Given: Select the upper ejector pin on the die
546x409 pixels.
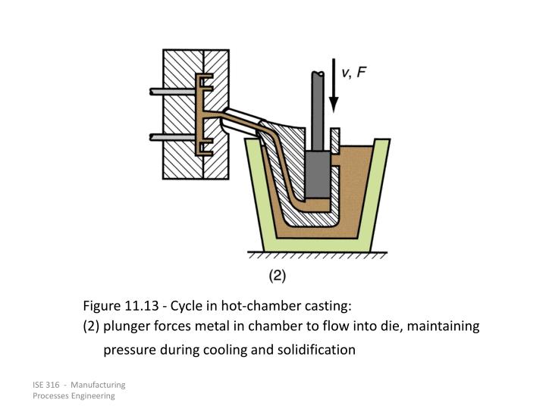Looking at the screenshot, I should tap(171, 92).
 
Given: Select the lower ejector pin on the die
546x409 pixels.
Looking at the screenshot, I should tap(171, 137).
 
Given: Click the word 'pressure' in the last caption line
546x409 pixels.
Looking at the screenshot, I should tap(127, 350).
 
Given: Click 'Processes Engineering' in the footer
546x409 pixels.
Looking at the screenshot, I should tap(74, 396).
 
